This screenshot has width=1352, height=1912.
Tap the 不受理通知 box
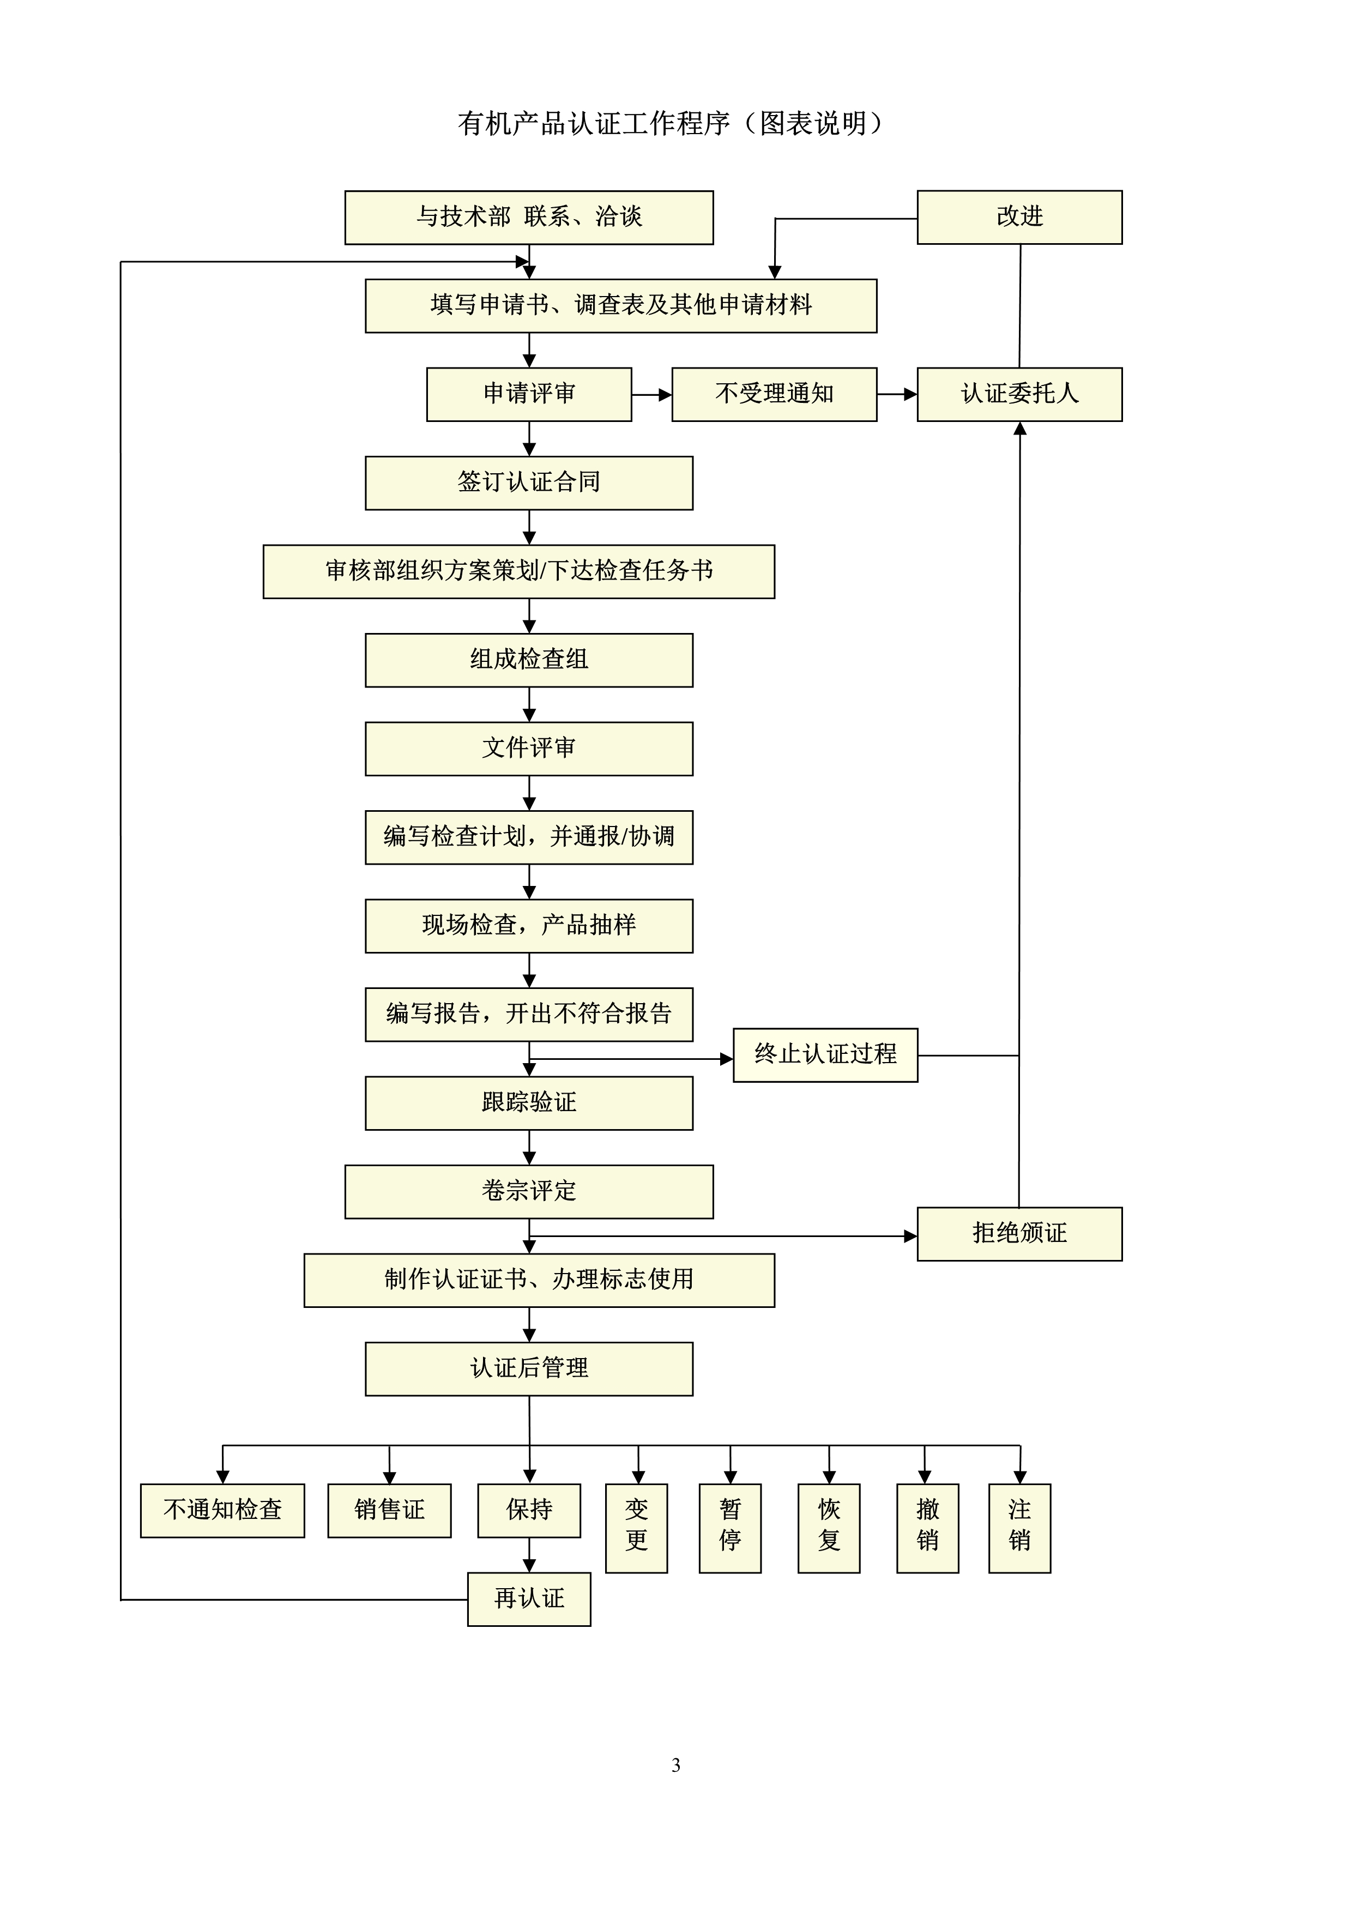[x=774, y=394]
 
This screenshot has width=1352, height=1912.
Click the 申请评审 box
[x=529, y=394]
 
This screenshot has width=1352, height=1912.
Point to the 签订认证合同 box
[x=529, y=483]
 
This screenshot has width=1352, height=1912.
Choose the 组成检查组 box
[x=529, y=660]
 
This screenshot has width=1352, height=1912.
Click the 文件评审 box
[x=529, y=749]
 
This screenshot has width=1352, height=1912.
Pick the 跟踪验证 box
[x=529, y=1103]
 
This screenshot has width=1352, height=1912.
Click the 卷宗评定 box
[x=529, y=1192]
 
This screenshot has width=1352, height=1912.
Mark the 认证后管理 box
[x=529, y=1369]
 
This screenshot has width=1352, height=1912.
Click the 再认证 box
[x=529, y=1599]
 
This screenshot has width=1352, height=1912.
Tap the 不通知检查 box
[x=222, y=1511]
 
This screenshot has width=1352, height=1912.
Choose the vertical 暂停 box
[x=730, y=1528]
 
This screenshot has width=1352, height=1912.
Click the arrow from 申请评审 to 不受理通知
[x=652, y=395]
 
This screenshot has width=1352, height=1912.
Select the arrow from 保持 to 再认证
[x=529, y=1555]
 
